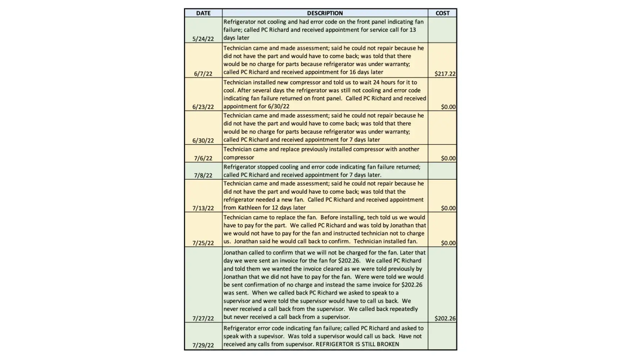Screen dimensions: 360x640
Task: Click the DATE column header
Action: [x=203, y=13]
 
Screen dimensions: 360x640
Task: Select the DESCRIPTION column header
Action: [x=325, y=13]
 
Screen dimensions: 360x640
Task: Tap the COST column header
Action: [x=442, y=13]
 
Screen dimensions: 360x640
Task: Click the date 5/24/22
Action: [x=203, y=39]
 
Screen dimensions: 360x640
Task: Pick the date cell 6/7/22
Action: [x=203, y=74]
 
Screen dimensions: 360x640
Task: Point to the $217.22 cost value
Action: [x=445, y=74]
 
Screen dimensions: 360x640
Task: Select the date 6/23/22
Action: [x=203, y=107]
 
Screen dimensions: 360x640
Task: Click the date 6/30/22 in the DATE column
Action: [x=203, y=141]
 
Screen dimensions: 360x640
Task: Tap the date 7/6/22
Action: [x=203, y=158]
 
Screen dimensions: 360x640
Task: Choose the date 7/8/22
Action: [x=203, y=176]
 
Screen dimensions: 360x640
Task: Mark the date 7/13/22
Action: [x=203, y=208]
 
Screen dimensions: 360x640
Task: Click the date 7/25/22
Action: [x=203, y=243]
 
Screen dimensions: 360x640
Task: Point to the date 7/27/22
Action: [x=203, y=319]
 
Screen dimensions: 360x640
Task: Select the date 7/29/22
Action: [x=203, y=345]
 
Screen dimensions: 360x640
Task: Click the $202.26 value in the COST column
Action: [x=445, y=319]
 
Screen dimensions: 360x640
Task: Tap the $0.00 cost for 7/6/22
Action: [x=448, y=158]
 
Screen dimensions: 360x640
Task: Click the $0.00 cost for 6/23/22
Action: [x=448, y=107]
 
